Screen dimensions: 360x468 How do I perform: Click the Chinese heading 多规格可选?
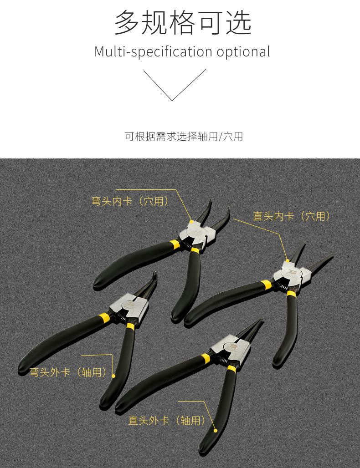pos(183,23)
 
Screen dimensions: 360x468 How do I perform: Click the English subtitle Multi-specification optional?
pos(182,51)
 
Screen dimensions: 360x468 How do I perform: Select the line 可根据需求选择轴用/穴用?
pos(184,137)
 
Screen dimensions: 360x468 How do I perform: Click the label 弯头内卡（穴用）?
pos(130,201)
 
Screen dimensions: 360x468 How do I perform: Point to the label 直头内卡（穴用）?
pos(292,216)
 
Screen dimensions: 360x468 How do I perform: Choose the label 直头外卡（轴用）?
pos(167,420)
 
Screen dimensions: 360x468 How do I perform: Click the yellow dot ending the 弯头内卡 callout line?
pos(191,222)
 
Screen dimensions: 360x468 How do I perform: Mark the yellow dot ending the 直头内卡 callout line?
pos(288,260)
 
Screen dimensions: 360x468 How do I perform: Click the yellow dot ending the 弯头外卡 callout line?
pos(113,376)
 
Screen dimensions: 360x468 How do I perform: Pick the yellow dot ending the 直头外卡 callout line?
pos(215,430)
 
